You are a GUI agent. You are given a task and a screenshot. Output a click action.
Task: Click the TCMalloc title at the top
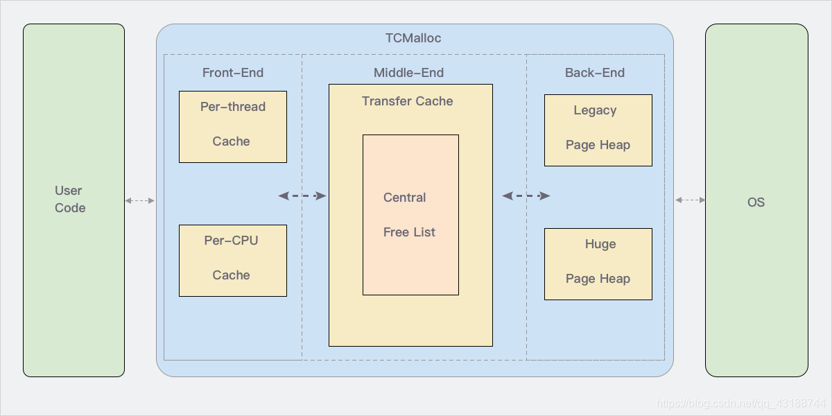[413, 38]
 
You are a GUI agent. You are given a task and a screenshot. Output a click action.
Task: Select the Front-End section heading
[233, 73]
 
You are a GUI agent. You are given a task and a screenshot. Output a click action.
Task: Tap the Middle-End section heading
[408, 73]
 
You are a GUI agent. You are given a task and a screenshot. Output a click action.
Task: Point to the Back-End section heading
[595, 73]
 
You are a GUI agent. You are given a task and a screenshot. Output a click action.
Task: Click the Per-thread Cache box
[233, 127]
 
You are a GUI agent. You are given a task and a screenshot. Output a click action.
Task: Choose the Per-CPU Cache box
[233, 261]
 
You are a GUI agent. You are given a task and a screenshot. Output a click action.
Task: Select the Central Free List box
[410, 215]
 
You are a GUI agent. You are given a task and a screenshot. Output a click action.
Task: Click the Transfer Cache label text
[408, 101]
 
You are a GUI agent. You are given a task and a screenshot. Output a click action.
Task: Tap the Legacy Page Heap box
[598, 130]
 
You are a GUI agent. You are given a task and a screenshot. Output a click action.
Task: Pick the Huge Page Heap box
[598, 264]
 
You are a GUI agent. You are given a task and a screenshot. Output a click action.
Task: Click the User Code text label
[70, 199]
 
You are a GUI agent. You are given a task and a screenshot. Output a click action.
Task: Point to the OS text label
[756, 202]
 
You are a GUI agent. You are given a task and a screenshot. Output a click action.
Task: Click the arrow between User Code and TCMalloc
[140, 200]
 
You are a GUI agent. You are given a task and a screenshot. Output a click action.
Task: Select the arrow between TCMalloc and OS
[690, 200]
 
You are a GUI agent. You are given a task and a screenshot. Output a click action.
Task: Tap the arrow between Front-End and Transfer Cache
[302, 196]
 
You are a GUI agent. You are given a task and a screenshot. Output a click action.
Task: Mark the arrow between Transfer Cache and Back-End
[526, 196]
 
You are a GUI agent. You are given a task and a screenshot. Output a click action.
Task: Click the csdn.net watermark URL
[740, 404]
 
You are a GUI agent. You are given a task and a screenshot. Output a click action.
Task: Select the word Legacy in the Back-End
[595, 110]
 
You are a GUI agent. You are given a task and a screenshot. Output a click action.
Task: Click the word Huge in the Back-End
[600, 244]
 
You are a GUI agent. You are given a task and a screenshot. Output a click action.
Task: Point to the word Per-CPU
[231, 241]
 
